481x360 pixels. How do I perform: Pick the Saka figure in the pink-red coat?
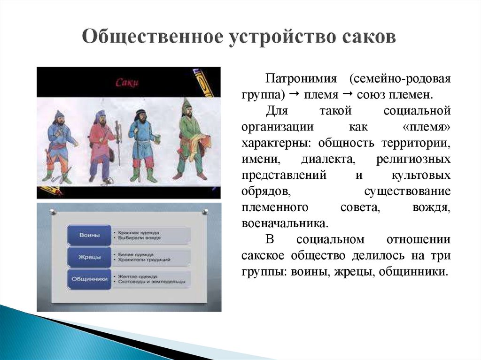tap(102, 145)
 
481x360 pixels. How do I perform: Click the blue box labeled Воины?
tap(89, 235)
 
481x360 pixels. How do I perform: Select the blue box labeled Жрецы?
tap(89, 256)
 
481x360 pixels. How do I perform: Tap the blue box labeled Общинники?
tap(89, 279)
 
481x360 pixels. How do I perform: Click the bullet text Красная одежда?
tap(138, 232)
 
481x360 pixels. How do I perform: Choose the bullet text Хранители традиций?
tap(144, 260)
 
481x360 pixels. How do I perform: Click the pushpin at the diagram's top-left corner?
tap(53, 212)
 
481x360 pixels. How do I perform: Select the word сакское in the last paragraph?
tap(263, 255)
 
